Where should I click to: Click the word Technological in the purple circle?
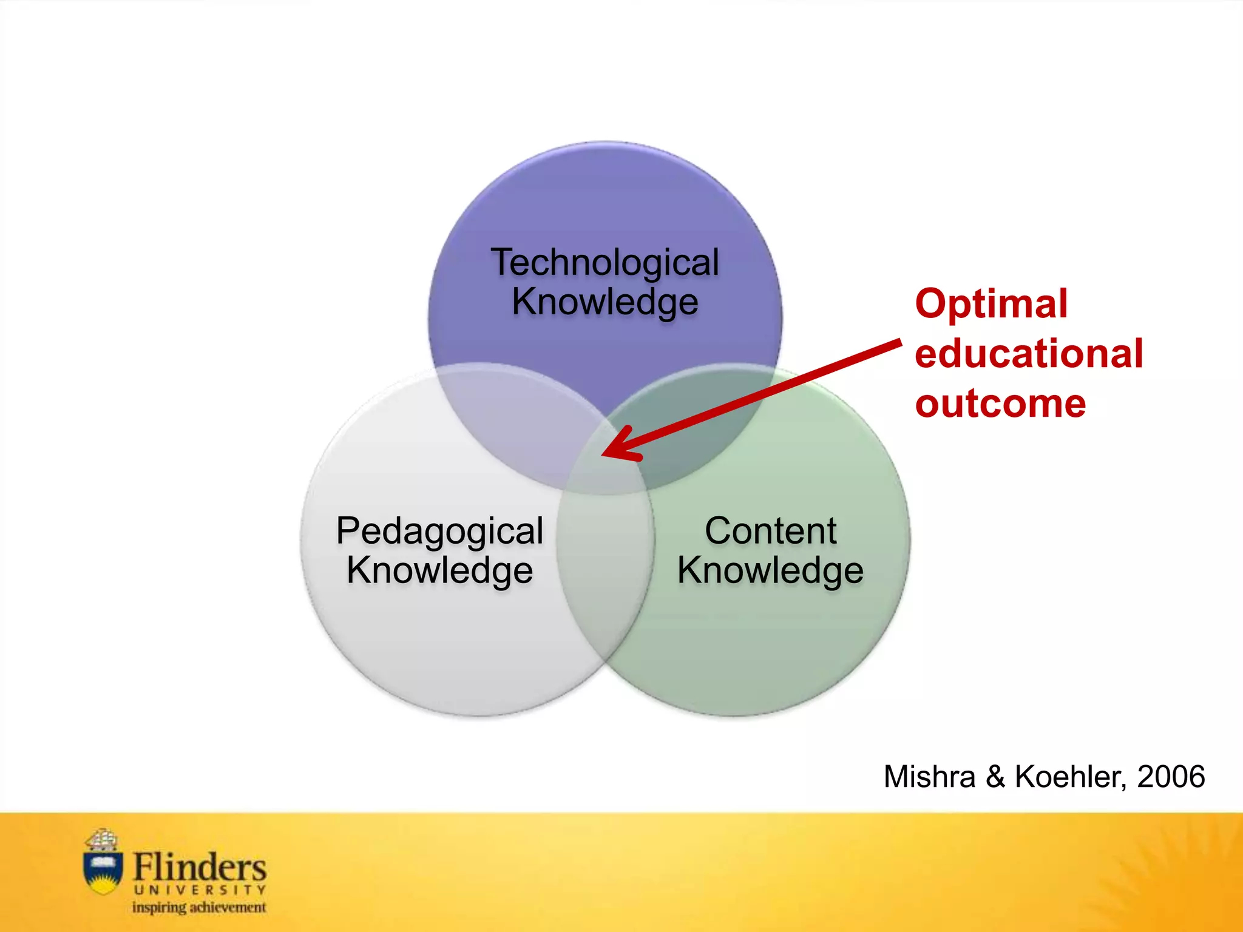(x=605, y=262)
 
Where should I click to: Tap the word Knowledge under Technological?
(x=605, y=302)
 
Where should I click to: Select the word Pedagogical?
(x=439, y=531)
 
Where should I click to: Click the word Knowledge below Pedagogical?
(x=439, y=570)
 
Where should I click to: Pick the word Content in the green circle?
(x=770, y=531)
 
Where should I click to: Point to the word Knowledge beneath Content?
(x=770, y=570)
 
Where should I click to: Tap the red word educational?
(x=1029, y=354)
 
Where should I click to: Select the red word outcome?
(x=1000, y=404)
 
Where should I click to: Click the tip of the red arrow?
(x=603, y=454)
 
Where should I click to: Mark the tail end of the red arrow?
(x=899, y=343)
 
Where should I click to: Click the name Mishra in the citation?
(x=929, y=777)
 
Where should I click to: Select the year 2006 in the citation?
(x=1171, y=777)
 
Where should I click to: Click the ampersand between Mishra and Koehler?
(x=995, y=777)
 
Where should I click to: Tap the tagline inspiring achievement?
(x=199, y=908)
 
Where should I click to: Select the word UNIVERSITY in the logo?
(x=199, y=890)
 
